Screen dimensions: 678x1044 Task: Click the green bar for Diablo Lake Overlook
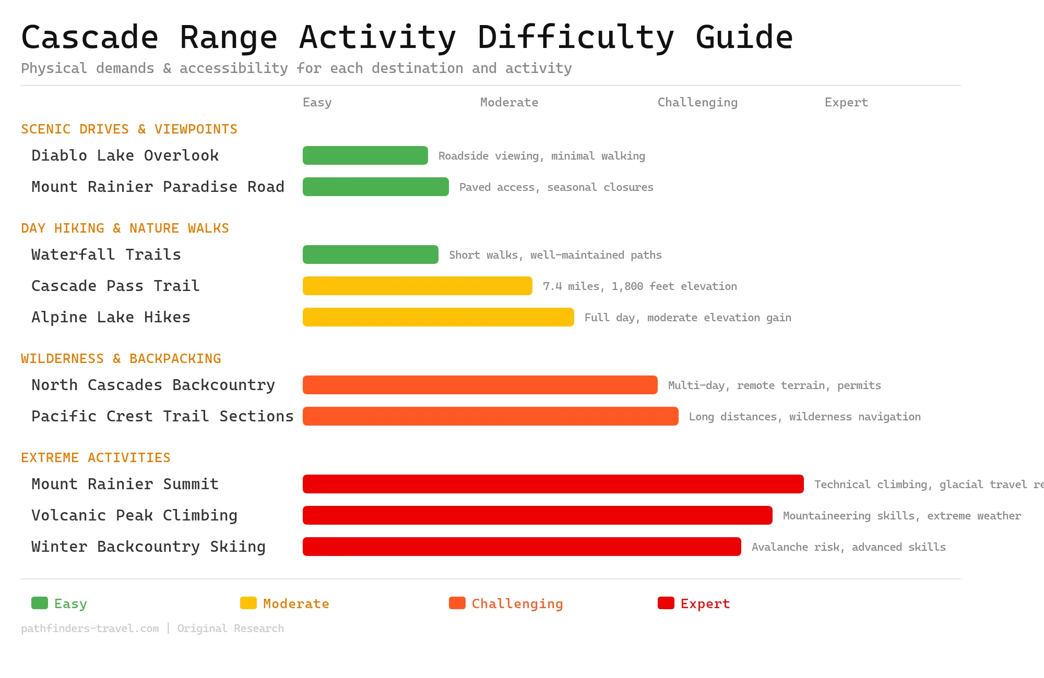365,155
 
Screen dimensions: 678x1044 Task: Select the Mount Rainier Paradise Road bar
376,187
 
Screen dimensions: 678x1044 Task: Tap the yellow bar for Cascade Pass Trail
418,286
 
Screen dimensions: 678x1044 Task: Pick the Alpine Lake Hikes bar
438,317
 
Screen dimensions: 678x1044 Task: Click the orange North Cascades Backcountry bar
480,385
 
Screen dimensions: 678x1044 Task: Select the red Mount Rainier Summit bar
553,484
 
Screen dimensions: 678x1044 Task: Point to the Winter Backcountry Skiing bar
522,547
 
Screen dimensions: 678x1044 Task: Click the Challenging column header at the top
697,102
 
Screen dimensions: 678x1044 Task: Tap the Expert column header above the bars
846,102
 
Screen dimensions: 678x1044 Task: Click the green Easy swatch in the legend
40,603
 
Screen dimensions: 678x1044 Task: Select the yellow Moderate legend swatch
248,603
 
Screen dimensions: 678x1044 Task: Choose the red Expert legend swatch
666,603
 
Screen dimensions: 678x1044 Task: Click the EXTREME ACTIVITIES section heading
96,457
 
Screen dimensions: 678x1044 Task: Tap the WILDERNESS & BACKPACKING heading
121,358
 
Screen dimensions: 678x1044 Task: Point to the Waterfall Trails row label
106,255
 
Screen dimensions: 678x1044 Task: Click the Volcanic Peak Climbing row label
134,515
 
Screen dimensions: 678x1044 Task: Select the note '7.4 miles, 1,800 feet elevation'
639,286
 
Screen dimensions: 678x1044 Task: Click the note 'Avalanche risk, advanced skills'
848,547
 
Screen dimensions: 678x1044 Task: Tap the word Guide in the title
744,38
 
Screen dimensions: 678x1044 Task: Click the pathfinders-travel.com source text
90,628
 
